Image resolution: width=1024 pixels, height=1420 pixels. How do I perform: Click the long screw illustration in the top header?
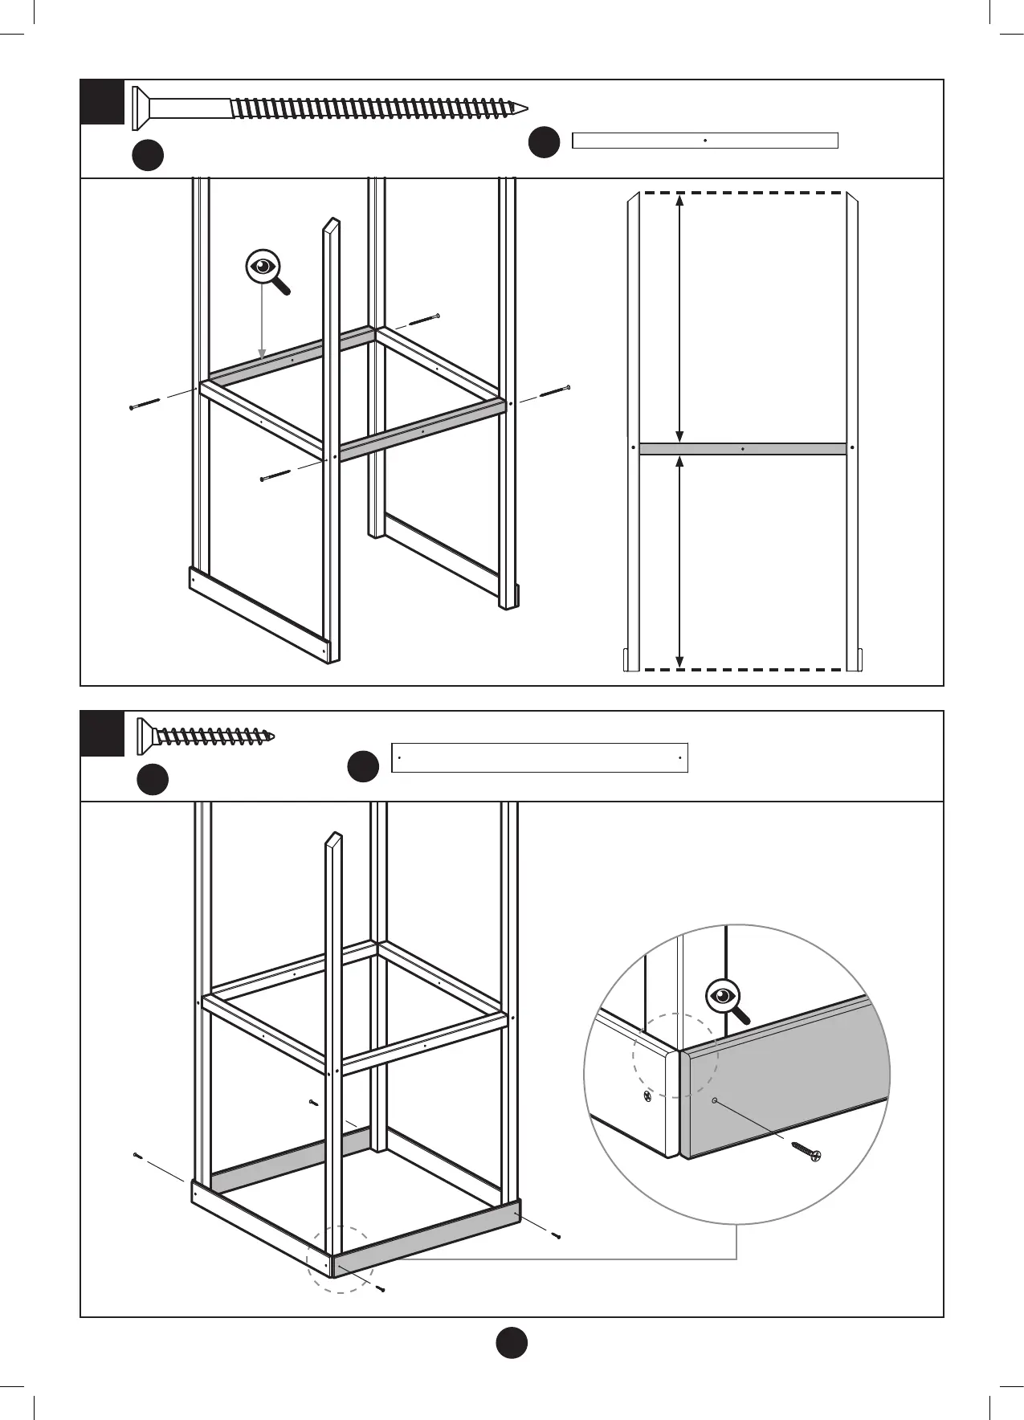tap(329, 105)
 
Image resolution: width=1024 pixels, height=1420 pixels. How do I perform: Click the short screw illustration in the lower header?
tap(206, 734)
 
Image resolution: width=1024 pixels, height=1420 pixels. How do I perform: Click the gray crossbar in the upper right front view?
tap(742, 449)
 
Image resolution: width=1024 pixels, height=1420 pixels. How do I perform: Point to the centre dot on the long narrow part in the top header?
tap(704, 141)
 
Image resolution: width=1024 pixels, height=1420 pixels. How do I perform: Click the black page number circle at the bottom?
tap(511, 1341)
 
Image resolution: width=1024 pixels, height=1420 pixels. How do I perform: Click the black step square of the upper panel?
tap(102, 102)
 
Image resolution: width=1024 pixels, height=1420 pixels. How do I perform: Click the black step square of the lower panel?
tap(102, 733)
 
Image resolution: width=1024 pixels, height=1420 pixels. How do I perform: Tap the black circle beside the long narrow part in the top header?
tap(544, 142)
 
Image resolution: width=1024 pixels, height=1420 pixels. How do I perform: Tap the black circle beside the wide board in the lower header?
tap(362, 765)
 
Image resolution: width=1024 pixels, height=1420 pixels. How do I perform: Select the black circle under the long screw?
tap(148, 155)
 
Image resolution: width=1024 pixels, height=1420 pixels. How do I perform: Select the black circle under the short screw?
tap(152, 779)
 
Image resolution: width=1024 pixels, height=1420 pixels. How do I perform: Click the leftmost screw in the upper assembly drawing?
tap(145, 402)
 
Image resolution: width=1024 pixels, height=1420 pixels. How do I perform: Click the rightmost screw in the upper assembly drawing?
tap(555, 391)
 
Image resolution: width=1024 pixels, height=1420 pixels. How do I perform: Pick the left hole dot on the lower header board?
tap(399, 757)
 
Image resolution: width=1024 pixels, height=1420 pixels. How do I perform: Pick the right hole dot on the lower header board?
tap(679, 757)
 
